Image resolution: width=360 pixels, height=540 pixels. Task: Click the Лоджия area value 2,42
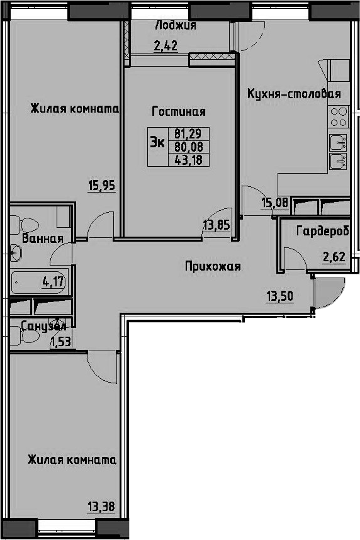coord(166,46)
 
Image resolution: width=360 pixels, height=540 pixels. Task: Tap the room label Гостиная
coord(179,111)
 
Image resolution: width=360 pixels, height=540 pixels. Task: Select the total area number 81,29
coord(188,133)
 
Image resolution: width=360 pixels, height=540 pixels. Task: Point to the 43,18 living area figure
coord(188,160)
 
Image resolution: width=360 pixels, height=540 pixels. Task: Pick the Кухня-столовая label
coord(294,94)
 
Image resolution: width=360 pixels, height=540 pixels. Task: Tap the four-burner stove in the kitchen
coord(339,118)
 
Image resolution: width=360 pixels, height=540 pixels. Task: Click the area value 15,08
coord(274,203)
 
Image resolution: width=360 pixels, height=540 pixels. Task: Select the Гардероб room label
coord(323,231)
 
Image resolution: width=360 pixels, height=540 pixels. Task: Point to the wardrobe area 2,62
coord(334,257)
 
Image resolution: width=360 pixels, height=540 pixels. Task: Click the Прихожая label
coord(213,266)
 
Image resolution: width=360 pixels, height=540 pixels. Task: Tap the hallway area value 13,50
coord(279,296)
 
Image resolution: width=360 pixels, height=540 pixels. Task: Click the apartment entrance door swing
coord(329,293)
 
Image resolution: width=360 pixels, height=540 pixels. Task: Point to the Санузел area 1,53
coord(60,342)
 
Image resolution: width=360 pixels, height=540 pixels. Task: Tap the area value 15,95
coord(101,186)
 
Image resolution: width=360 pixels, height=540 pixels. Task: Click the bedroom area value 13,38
coord(101,507)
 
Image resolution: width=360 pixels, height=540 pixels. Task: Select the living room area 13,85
coord(217,226)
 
